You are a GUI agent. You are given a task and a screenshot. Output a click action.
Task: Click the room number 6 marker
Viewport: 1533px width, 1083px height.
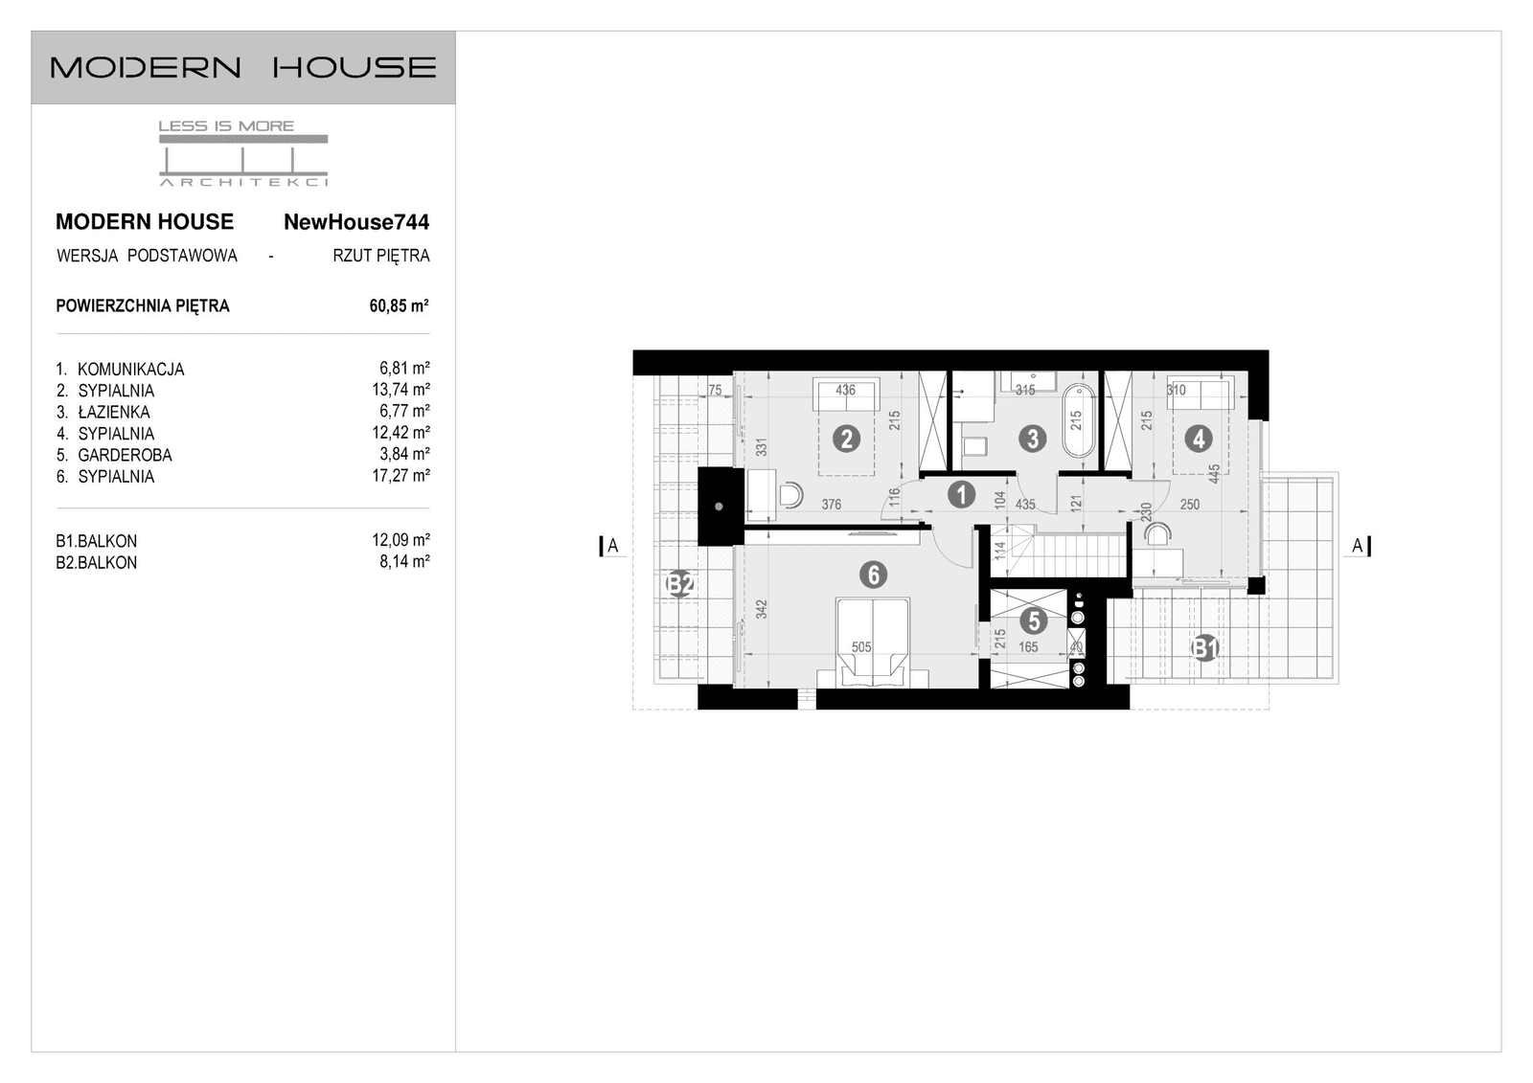coord(873,575)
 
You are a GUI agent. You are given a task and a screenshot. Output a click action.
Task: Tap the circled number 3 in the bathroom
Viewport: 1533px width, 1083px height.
coord(1032,439)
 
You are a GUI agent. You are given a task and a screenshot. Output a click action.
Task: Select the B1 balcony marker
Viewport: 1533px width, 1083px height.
coord(1204,649)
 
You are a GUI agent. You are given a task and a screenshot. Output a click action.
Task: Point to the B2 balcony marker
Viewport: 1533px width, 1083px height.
coord(679,583)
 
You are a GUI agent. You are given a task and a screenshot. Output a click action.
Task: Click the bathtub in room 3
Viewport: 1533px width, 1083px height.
coord(1077,420)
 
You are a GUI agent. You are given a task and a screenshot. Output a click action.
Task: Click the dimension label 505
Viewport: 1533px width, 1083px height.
coord(861,647)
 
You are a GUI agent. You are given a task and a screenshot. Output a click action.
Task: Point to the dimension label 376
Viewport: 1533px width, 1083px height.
coord(831,505)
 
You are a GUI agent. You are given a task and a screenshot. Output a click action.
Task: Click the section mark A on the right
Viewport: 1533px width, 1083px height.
coord(1357,546)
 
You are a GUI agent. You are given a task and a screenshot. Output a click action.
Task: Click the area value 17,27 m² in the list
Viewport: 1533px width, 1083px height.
coord(400,475)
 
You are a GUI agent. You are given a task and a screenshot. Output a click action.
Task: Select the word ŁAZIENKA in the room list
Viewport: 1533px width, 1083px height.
coord(113,412)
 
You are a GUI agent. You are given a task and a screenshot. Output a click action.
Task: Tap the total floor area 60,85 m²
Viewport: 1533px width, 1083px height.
coord(399,306)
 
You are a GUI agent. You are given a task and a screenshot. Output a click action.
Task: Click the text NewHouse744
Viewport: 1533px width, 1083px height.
coord(355,222)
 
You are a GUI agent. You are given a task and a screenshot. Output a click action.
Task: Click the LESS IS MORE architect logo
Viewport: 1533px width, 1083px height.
coord(242,153)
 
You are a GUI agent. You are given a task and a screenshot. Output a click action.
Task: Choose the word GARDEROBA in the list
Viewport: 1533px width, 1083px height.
coord(125,455)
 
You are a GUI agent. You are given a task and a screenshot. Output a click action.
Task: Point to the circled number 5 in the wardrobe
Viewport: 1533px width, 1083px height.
coord(1033,620)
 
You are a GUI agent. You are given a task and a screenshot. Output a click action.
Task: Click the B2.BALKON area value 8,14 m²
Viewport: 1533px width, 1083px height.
coord(404,562)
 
